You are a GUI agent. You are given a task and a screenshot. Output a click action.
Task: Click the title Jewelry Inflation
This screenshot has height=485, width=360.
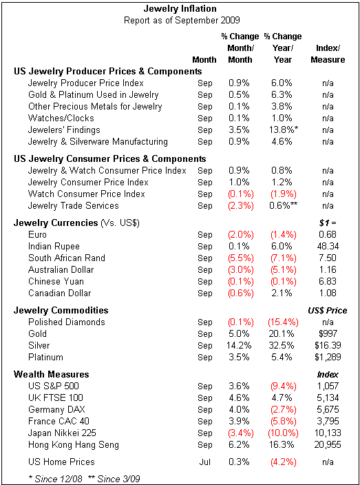180,9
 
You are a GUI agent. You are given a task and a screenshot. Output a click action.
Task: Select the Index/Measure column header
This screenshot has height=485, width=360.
328,54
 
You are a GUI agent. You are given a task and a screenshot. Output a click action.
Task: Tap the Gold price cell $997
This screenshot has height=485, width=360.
328,333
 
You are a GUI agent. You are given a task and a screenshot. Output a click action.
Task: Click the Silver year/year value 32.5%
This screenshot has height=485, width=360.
283,346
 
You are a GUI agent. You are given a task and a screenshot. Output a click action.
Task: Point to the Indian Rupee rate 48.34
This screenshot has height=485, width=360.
328,247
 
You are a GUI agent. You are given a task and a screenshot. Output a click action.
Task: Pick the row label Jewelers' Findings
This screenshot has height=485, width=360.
64,130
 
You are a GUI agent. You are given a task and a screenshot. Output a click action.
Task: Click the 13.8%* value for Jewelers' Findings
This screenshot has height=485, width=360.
284,130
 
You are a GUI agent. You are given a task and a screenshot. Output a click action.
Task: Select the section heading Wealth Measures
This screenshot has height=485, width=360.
52,374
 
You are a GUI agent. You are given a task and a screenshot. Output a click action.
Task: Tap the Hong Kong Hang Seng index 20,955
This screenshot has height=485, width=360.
328,445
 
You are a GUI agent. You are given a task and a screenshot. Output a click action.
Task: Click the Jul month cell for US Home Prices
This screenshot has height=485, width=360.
204,462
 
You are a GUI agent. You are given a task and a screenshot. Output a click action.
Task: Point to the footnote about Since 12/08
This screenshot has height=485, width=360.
55,479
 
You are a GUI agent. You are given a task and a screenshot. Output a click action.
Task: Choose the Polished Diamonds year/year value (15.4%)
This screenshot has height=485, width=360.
283,322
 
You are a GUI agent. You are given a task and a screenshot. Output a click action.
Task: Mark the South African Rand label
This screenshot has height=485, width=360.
67,258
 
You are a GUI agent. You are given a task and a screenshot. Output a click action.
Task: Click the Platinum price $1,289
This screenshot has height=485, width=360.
328,358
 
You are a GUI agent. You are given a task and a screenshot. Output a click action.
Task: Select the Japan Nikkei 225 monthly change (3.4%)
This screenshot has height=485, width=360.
240,433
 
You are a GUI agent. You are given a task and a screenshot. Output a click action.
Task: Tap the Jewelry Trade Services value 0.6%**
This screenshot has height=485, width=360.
284,206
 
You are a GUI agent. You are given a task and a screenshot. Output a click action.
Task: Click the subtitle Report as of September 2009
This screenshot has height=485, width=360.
182,21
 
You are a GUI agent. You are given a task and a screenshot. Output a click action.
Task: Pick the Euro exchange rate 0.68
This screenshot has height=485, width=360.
328,235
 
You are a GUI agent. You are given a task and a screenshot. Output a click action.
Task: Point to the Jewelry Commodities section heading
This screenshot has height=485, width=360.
61,311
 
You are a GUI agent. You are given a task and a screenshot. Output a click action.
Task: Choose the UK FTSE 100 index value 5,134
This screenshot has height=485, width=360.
328,398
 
